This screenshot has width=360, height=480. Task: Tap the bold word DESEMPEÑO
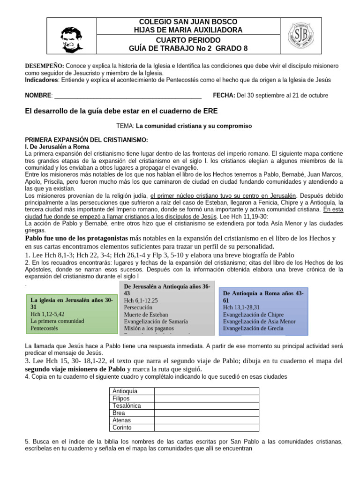(44, 66)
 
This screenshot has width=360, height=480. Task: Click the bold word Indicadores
(41, 80)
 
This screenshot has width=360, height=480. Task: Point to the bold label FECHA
(224, 95)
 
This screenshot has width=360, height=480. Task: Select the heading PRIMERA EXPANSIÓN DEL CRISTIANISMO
(86, 140)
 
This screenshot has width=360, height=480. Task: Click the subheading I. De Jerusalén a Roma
(57, 147)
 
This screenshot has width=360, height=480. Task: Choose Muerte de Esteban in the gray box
(146, 315)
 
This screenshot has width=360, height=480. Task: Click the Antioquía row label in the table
(125, 391)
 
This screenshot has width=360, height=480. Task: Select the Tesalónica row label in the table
(127, 406)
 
